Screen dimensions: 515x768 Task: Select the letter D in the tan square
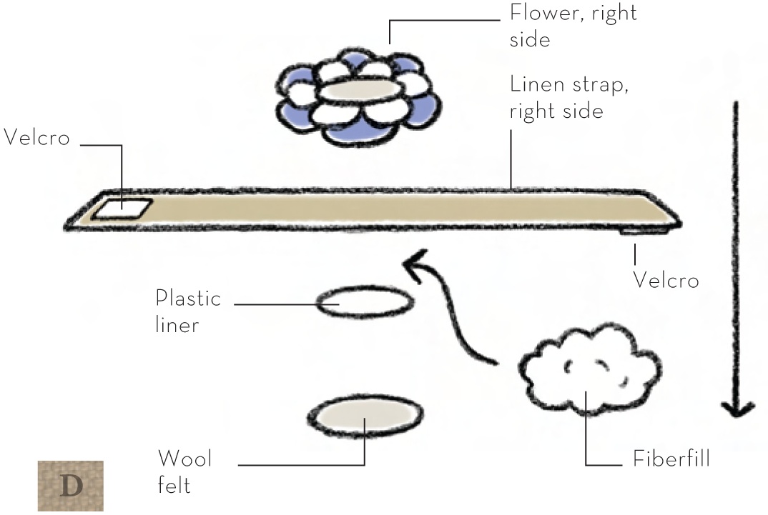click(x=71, y=486)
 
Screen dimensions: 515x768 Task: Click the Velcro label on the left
click(x=37, y=138)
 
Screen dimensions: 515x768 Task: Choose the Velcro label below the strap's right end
click(x=666, y=281)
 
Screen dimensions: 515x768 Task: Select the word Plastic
click(x=188, y=298)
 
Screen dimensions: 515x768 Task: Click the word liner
click(x=177, y=325)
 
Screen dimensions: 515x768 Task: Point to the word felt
click(x=174, y=485)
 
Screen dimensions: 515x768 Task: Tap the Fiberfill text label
click(x=671, y=458)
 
